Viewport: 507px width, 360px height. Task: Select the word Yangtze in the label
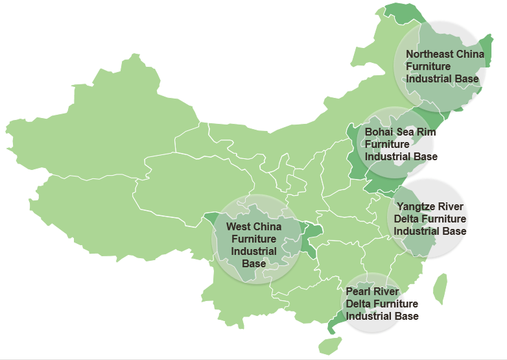(417, 207)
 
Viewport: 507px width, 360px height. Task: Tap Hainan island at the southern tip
(331, 345)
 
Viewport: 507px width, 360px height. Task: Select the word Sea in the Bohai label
(405, 132)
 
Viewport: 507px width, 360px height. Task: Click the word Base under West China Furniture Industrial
(253, 263)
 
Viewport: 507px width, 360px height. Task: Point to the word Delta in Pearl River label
(359, 304)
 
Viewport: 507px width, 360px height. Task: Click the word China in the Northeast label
(470, 54)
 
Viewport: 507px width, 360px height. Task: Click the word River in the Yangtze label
(451, 207)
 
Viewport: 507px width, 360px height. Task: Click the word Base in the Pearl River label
(407, 316)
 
